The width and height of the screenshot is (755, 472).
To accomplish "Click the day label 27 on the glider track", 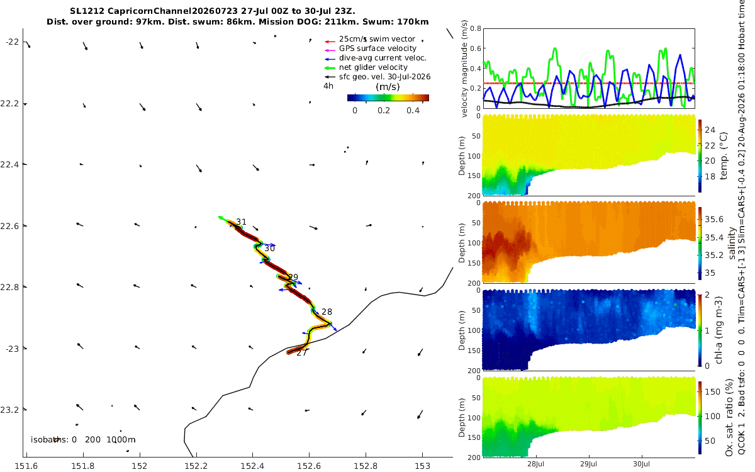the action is tap(301, 352).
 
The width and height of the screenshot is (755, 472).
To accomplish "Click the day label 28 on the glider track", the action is tap(327, 312).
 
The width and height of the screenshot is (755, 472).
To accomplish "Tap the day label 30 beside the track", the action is tap(270, 249).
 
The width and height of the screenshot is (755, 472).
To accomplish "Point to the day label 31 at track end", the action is tap(241, 222).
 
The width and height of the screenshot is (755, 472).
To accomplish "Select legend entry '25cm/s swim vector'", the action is tap(377, 39).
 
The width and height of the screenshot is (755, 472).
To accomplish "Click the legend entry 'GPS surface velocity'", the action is tap(377, 48).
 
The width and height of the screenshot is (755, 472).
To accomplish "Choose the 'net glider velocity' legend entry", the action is tap(373, 67).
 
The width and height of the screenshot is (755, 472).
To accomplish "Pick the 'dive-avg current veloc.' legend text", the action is tap(383, 58).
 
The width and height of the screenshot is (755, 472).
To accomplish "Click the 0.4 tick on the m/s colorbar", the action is tap(413, 111).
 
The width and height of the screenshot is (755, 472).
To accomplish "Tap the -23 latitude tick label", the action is tap(13, 349).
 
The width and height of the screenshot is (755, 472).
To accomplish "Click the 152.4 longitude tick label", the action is tap(252, 466).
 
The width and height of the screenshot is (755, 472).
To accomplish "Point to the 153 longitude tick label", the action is tap(422, 466).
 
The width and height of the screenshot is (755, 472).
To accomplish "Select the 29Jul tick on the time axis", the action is tap(588, 464).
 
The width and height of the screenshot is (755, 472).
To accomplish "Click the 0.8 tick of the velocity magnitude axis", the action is tap(476, 29).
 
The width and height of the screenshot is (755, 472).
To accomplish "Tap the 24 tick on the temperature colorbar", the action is tap(710, 130).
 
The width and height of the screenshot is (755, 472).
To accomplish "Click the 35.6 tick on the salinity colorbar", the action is tap(714, 220).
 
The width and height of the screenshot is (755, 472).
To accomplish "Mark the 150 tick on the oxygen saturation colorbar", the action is tap(712, 391).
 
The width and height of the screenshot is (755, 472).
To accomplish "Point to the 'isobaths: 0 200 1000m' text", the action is tap(83, 440).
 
